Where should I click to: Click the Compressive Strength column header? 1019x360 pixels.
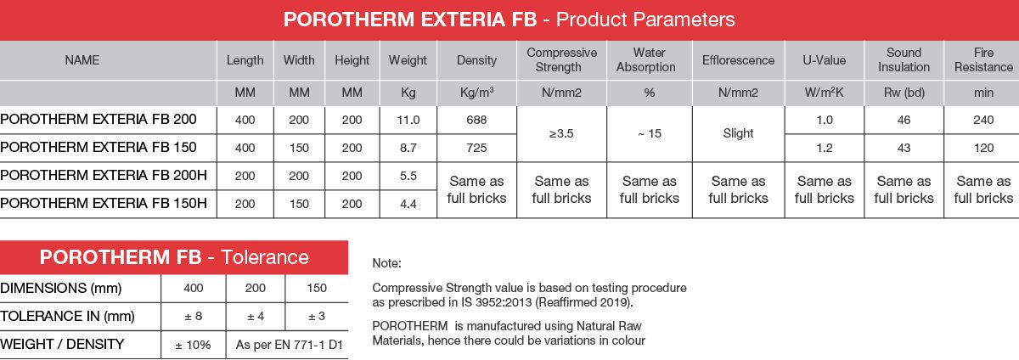(562, 59)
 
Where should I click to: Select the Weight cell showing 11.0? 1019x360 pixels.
(408, 120)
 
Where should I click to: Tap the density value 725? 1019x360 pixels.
(476, 148)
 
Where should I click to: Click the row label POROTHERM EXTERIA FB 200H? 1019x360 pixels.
(104, 175)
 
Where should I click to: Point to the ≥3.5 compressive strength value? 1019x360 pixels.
(561, 133)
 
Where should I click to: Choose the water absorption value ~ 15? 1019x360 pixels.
(649, 133)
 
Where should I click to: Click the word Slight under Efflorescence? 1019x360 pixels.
(738, 133)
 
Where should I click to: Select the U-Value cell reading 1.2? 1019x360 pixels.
(824, 148)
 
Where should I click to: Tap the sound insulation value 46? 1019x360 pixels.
(904, 120)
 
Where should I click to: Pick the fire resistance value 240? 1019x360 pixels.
(983, 120)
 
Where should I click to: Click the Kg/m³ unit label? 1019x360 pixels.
(476, 93)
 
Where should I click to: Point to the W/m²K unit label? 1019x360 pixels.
(824, 93)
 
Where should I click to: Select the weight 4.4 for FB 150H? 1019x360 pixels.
(408, 204)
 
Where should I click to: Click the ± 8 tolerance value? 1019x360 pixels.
(194, 317)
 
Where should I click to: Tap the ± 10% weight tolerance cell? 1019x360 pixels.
(193, 345)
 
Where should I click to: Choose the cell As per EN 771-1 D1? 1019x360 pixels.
(289, 345)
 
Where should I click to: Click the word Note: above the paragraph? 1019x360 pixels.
(386, 263)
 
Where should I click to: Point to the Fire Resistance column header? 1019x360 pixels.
(983, 59)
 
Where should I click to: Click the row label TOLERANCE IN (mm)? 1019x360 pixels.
(67, 316)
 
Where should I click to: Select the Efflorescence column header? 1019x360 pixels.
(738, 60)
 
